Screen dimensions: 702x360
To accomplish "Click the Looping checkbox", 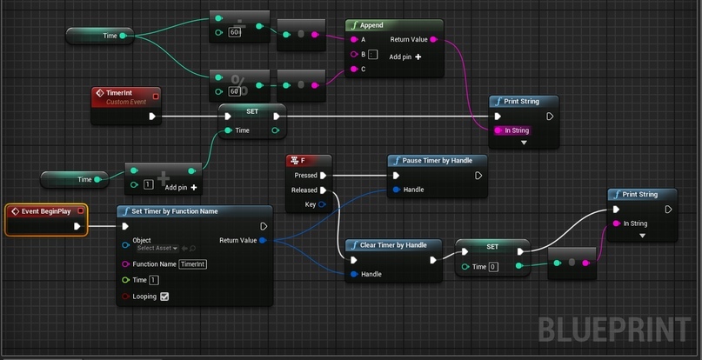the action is point(164,297).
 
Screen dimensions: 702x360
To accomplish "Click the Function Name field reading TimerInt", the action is point(192,264).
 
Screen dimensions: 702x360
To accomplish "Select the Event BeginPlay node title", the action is point(46,211).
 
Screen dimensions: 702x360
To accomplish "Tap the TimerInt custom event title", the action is point(119,93).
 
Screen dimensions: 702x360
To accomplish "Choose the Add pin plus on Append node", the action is point(418,57).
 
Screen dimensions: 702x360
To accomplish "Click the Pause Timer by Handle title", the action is point(437,160).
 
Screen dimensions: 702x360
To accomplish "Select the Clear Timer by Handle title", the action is point(393,245).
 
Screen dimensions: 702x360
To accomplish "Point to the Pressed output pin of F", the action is point(324,175).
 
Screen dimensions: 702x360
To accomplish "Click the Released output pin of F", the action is point(324,190).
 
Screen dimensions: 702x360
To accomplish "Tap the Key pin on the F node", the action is point(322,204).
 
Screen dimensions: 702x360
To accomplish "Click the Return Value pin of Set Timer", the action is point(263,241).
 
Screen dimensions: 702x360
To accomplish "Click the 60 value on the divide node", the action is point(234,32).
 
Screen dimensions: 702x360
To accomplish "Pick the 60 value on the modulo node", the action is point(234,91).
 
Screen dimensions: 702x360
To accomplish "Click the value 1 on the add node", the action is point(148,184).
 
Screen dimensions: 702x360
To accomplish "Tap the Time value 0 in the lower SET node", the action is point(493,267).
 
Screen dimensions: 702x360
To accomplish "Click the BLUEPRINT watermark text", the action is point(614,330).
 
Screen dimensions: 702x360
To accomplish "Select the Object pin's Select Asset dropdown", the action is point(157,248).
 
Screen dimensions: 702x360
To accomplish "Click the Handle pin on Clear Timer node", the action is point(354,274).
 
